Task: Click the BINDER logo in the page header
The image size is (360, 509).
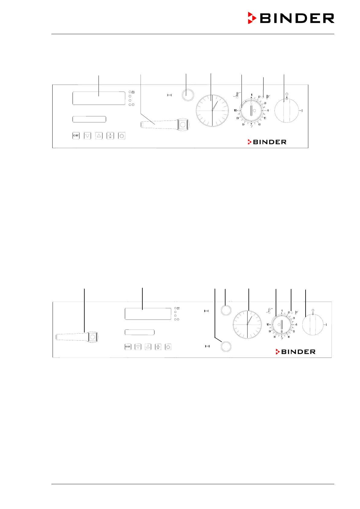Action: pyautogui.click(x=291, y=18)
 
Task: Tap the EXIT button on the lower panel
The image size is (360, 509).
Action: pyautogui.click(x=128, y=347)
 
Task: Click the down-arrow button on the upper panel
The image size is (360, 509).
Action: pyautogui.click(x=87, y=136)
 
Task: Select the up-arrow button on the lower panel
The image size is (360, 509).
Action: pyautogui.click(x=148, y=347)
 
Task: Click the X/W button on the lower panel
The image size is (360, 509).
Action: pyautogui.click(x=158, y=347)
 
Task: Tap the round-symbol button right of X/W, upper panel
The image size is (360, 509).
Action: pyautogui.click(x=122, y=136)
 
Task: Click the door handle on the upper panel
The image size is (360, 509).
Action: pyautogui.click(x=165, y=124)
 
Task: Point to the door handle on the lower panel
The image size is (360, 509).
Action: pyautogui.click(x=77, y=337)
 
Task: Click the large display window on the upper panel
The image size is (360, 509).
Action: pyautogui.click(x=99, y=98)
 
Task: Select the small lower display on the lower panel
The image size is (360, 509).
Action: pyautogui.click(x=140, y=332)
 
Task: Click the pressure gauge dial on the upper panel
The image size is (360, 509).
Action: pyautogui.click(x=212, y=110)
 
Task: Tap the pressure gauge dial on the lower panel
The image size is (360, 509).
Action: pyautogui.click(x=247, y=324)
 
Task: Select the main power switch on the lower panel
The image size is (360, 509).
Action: pyautogui.click(x=313, y=325)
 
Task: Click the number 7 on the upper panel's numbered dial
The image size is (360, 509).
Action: pyautogui.click(x=251, y=126)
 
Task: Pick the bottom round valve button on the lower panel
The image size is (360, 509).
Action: pyautogui.click(x=225, y=346)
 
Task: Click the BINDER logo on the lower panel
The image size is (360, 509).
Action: pyautogui.click(x=296, y=352)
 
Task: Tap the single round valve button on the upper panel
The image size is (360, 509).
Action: pyautogui.click(x=188, y=95)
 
